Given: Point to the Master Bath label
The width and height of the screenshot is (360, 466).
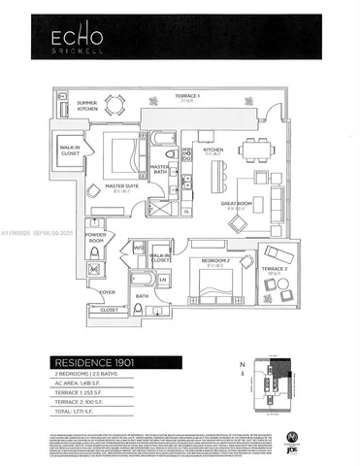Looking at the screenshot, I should click(162, 171).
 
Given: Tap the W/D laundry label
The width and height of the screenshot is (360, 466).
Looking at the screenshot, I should click(140, 248).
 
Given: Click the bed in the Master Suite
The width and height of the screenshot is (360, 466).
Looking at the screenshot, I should click(123, 154).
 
